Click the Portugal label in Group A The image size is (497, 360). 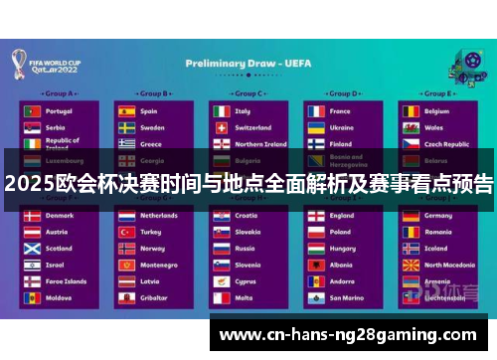click(59, 111)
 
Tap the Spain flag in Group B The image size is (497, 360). click(126, 111)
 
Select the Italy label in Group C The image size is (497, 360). click(243, 111)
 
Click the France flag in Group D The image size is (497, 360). click(314, 111)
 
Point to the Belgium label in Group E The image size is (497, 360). click(437, 111)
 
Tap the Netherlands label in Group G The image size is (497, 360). click(159, 216)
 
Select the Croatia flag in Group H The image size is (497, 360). click(221, 216)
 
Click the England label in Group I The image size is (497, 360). click(342, 216)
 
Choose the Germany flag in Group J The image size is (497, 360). click(410, 216)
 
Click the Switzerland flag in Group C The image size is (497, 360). click(221, 127)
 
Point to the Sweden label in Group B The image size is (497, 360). click(152, 127)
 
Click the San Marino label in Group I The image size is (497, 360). click(347, 297)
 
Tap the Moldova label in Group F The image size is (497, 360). click(59, 297)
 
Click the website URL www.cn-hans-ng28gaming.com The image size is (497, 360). click(349, 335)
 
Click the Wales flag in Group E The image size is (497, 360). click(410, 127)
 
